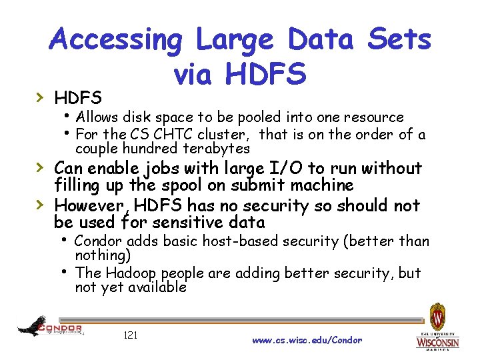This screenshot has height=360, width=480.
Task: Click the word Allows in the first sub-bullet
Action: [98, 117]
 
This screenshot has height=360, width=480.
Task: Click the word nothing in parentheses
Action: [101, 255]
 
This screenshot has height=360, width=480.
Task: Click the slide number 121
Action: [131, 335]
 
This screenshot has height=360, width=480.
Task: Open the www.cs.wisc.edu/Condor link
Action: [307, 340]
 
